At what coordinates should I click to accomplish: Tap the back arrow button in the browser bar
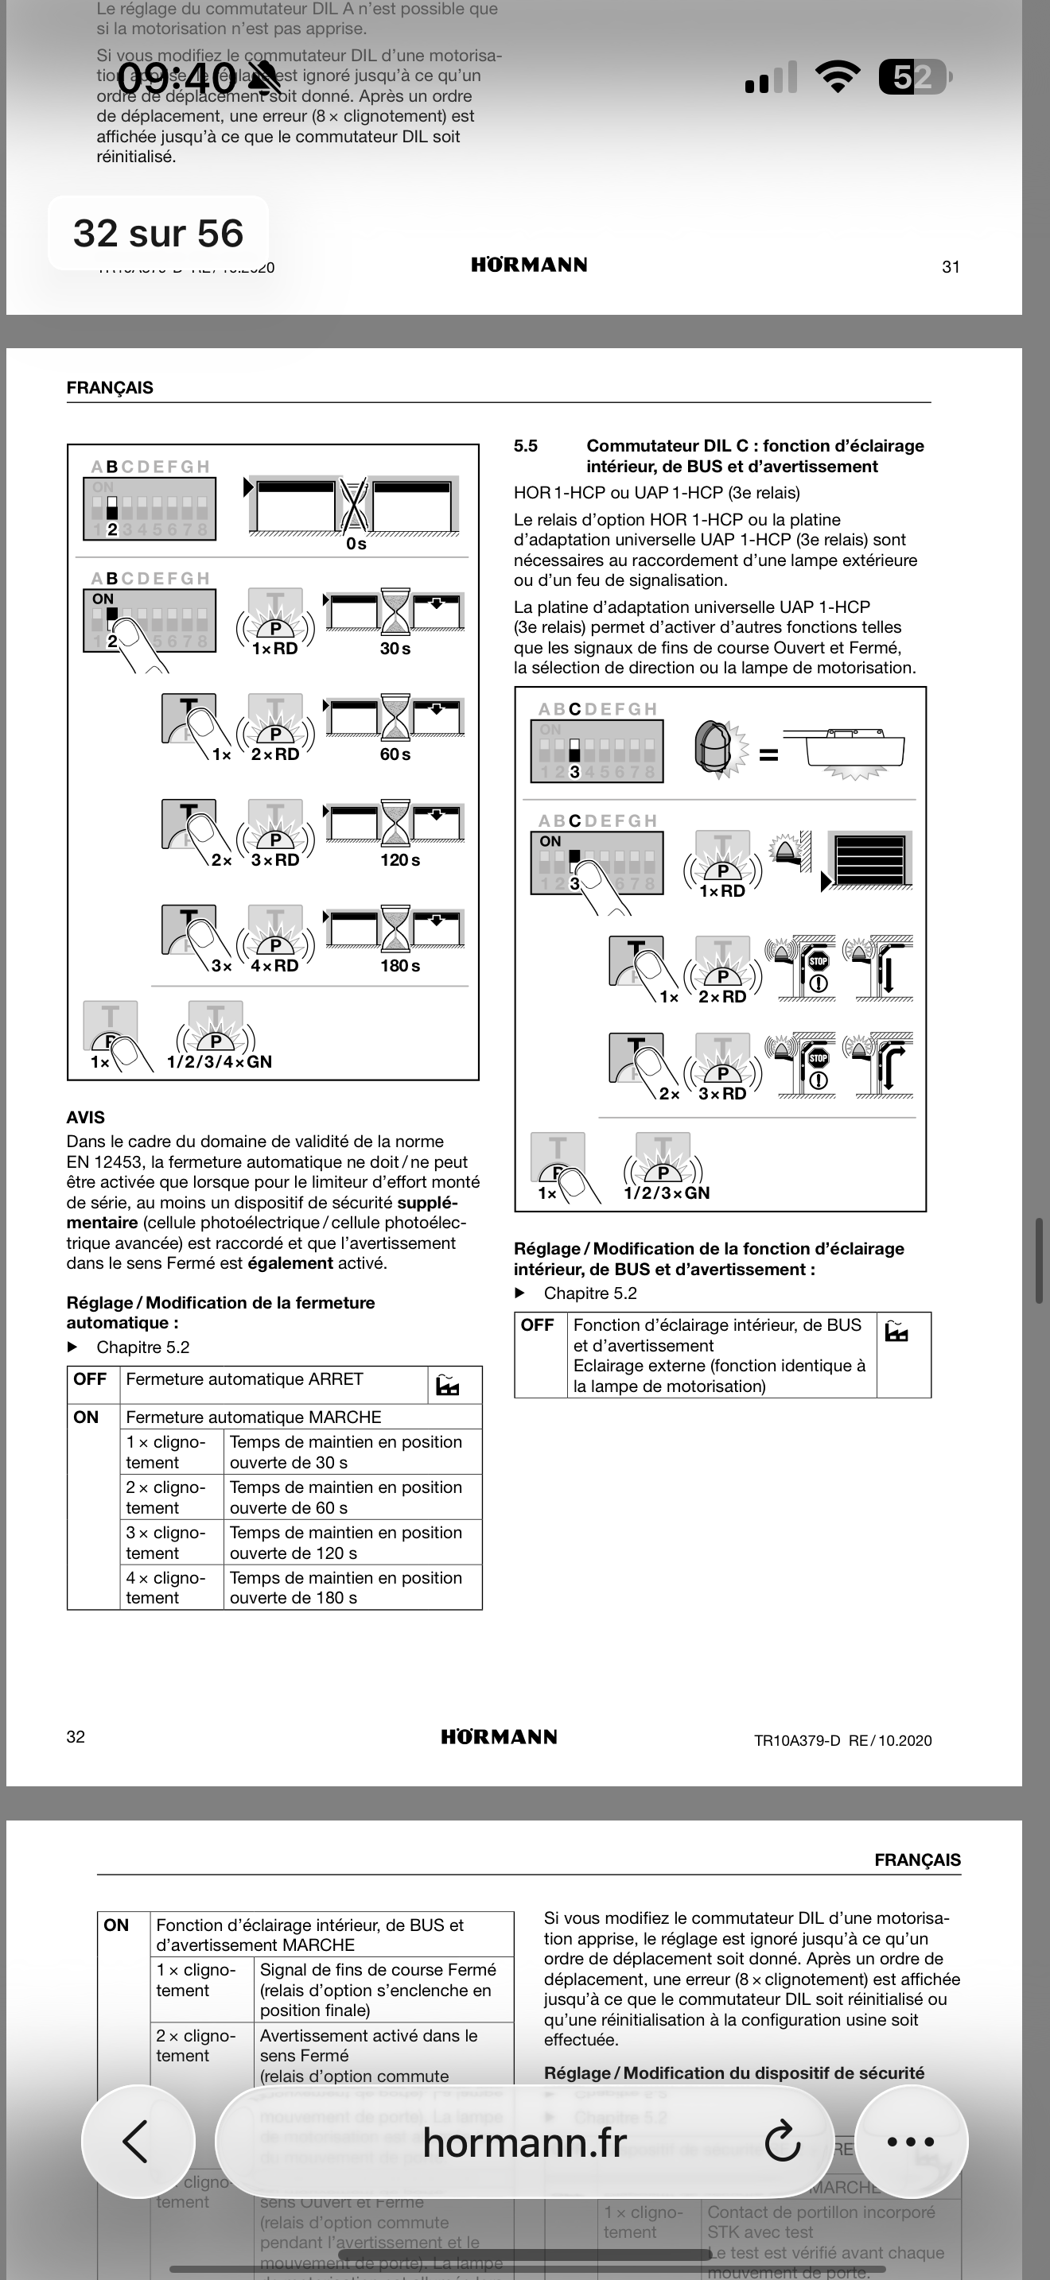[138, 2142]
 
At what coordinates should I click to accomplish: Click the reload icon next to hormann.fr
[783, 2142]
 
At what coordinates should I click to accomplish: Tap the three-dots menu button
[910, 2142]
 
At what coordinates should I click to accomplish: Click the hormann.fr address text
[524, 2142]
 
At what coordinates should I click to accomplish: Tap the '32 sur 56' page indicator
[157, 234]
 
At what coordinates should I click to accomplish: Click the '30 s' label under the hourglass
[395, 649]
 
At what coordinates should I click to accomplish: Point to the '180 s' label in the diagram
[400, 966]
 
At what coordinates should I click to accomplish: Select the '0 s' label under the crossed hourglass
[356, 545]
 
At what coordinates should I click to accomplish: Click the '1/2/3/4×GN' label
[220, 1062]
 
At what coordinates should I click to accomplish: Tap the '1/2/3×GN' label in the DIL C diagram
[667, 1193]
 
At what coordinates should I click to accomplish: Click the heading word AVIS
[85, 1118]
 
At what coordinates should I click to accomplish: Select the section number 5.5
[526, 446]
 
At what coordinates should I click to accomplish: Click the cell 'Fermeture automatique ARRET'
[244, 1380]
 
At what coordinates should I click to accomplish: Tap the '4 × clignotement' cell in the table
[165, 1588]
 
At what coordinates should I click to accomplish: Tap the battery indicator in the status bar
[912, 78]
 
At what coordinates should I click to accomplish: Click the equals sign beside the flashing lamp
[768, 756]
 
